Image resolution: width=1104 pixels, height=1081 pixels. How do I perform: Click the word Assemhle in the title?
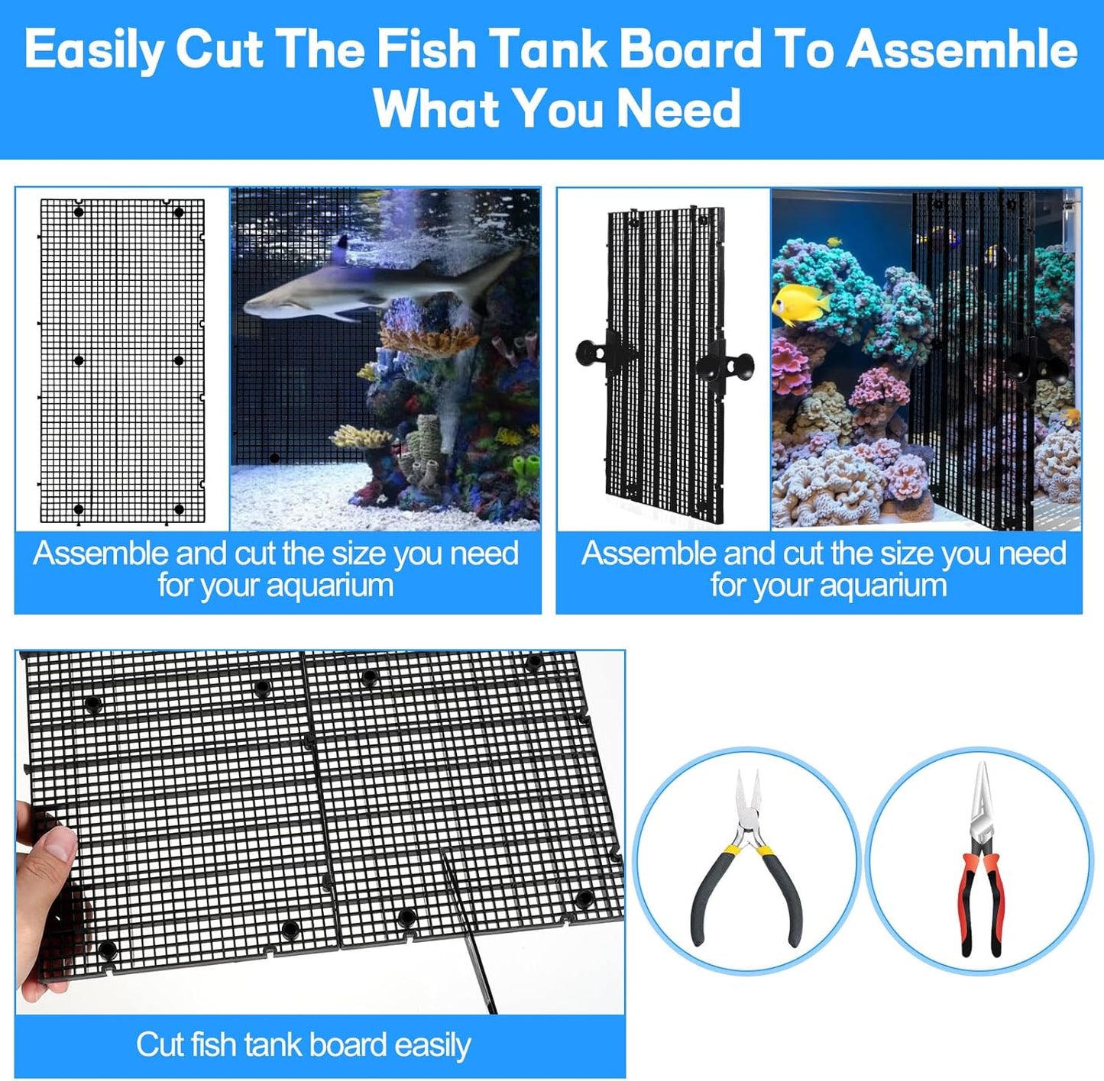point(961,50)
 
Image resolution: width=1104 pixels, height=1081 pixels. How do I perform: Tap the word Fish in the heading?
point(426,50)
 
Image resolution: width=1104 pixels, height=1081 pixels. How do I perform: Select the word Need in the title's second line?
point(678,108)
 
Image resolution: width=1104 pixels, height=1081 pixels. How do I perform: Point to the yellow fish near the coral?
point(801,303)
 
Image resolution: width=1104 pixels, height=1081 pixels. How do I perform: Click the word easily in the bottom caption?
point(432,1045)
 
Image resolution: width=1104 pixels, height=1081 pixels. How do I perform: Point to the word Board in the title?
point(690,50)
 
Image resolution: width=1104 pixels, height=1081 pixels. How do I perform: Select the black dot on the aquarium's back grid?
point(274,458)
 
